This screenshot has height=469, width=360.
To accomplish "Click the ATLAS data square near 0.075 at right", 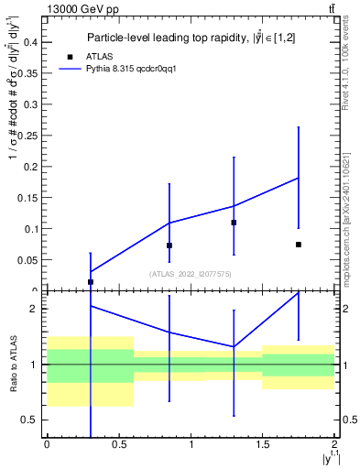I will point(299,245).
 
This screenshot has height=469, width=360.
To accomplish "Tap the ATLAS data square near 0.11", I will point(234,223).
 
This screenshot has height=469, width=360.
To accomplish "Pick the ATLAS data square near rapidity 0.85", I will point(169,245).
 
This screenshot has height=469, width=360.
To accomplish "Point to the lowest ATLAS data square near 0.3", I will point(91,282).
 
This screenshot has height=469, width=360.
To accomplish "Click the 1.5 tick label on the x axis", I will point(263,444).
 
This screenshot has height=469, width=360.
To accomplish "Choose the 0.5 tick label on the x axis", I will point(118,444).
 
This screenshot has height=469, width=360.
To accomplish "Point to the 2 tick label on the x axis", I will point(335,444).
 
